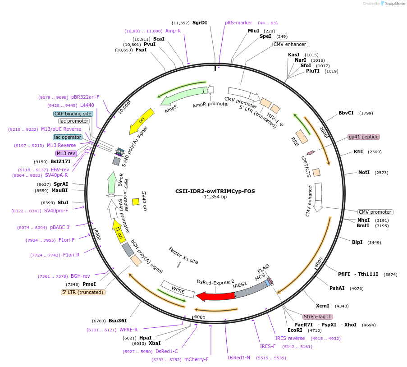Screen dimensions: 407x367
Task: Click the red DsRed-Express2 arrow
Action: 215,296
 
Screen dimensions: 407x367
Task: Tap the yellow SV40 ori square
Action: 136,202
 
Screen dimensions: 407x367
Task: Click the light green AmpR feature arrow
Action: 182,96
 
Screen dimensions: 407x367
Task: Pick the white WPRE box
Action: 178,289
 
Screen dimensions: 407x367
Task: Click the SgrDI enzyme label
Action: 200,23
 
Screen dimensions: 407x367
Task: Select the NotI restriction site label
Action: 364,172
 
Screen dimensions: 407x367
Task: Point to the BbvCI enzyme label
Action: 346,113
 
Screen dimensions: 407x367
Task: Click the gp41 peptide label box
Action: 364,137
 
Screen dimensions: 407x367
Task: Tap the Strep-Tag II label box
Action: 317,317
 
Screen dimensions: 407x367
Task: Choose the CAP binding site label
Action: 73,114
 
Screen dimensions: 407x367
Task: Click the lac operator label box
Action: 68,137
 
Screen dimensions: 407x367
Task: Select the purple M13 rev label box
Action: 66,153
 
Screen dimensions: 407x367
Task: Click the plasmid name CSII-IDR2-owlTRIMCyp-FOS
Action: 215,191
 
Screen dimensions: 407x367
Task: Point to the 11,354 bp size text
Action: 215,197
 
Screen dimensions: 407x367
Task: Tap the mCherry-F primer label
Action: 196,359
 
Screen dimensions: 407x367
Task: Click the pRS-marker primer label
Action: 238,23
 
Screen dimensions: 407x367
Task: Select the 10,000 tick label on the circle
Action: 124,107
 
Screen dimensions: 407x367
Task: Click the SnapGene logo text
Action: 395,3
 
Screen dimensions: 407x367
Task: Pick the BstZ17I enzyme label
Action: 60,161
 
